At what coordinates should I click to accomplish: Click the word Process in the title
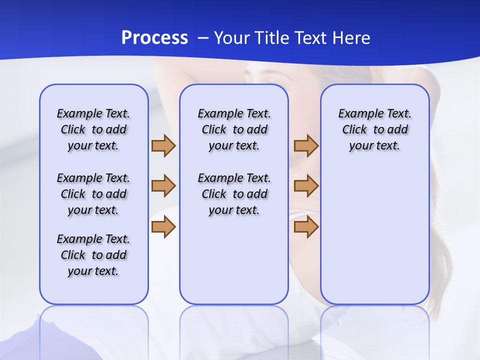point(154,38)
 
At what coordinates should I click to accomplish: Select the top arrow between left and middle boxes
point(163,145)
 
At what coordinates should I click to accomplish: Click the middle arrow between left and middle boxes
point(163,186)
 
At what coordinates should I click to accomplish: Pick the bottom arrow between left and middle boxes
point(163,227)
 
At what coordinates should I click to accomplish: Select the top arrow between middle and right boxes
point(306,145)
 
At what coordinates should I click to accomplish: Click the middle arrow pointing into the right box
point(306,186)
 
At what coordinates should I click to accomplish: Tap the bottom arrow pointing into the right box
point(306,227)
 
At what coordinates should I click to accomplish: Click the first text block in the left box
point(93,129)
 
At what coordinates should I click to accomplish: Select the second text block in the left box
point(93,194)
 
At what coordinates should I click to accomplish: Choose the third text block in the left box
point(93,255)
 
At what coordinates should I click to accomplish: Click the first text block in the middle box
point(234,129)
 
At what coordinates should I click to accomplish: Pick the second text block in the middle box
point(234,194)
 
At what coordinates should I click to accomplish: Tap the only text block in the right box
point(374,129)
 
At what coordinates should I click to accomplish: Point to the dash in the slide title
point(203,38)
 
